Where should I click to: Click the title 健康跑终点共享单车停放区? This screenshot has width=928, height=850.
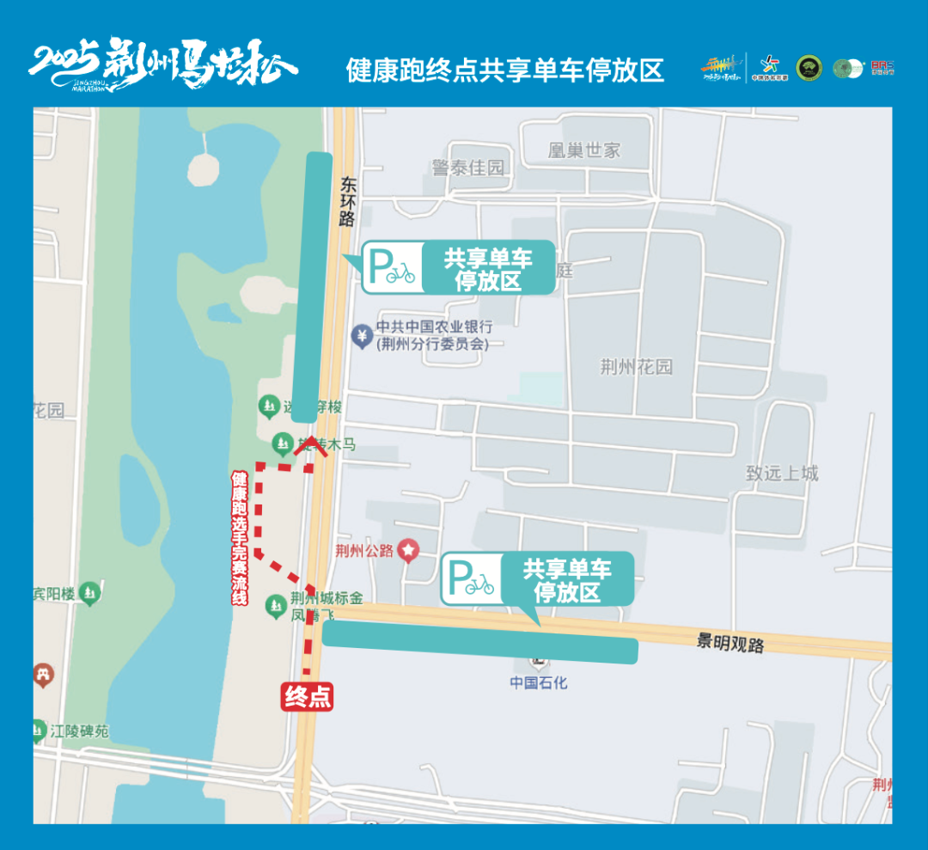pyautogui.click(x=505, y=70)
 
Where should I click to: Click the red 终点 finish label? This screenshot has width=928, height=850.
pyautogui.click(x=308, y=696)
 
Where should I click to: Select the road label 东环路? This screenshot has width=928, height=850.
pyautogui.click(x=348, y=201)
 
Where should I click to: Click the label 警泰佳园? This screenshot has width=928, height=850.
pyautogui.click(x=468, y=168)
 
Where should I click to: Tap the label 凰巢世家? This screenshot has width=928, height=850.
pyautogui.click(x=584, y=150)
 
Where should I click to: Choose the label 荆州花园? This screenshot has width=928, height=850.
pyautogui.click(x=636, y=367)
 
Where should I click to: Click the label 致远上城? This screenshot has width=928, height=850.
pyautogui.click(x=782, y=473)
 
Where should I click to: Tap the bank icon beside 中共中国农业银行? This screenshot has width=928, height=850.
pyautogui.click(x=363, y=334)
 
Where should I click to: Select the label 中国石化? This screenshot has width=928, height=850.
pyautogui.click(x=539, y=682)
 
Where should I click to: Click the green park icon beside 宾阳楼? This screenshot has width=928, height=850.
pyautogui.click(x=89, y=593)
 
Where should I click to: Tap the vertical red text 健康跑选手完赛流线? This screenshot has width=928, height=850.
pyautogui.click(x=240, y=538)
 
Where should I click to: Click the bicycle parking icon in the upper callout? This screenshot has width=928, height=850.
pyautogui.click(x=393, y=267)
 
